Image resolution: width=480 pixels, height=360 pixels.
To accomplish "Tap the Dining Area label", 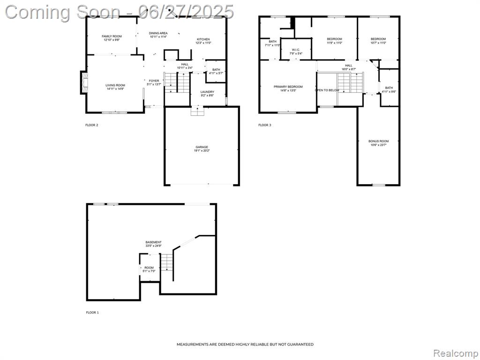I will point(158,33).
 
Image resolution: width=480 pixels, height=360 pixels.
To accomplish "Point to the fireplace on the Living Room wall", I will point(83,82).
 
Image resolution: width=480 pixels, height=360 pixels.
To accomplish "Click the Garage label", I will point(202,147).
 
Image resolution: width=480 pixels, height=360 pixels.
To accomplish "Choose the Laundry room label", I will point(207,92).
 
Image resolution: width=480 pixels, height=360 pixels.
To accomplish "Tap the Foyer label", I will point(154,81).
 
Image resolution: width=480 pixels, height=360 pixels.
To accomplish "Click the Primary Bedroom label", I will point(288,87).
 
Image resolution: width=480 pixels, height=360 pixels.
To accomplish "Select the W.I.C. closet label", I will point(296,50).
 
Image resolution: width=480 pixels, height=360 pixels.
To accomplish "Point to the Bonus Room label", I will point(378,141).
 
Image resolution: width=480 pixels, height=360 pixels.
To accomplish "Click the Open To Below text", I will point(327,90).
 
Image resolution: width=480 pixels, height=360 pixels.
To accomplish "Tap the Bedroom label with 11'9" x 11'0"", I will point(334,39).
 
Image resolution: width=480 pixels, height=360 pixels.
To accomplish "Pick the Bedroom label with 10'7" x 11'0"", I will point(378,39).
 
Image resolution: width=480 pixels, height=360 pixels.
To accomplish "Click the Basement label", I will point(153,242).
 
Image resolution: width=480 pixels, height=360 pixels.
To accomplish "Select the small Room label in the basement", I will point(149,268).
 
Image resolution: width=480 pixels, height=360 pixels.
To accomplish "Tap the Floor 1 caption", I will point(92,312).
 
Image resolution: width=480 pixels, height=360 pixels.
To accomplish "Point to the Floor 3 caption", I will point(264,125).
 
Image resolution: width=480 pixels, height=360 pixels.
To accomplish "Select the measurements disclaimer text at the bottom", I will point(245,345).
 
